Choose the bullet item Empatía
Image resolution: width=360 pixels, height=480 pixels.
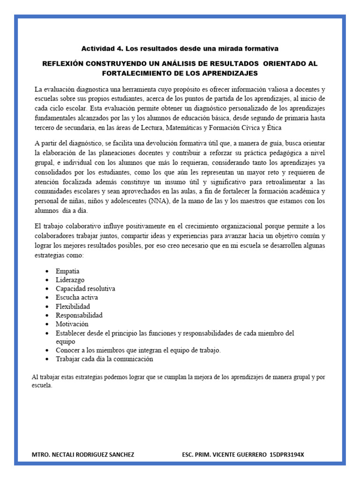point(67,271)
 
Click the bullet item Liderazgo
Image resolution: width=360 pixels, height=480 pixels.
point(70,280)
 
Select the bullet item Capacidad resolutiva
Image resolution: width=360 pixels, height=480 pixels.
point(85,289)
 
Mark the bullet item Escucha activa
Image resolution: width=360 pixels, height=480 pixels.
point(77,298)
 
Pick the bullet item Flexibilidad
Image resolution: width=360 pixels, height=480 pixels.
point(73,307)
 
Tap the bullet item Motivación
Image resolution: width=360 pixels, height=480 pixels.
point(72,324)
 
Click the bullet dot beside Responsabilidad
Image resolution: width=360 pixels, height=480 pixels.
point(47,315)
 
